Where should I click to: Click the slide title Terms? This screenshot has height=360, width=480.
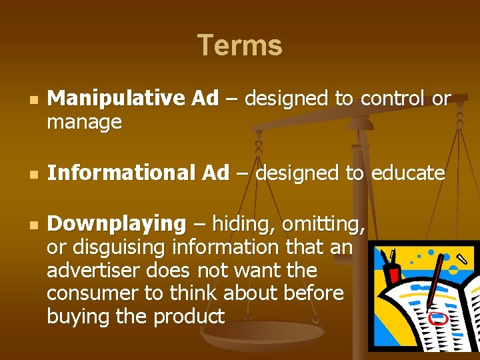click(x=240, y=46)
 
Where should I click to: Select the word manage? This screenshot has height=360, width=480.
click(x=85, y=123)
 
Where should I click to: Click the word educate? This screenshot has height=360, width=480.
click(x=408, y=173)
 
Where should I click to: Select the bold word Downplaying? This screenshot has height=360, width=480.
click(x=117, y=223)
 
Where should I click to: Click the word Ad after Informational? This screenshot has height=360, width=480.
click(x=215, y=173)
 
